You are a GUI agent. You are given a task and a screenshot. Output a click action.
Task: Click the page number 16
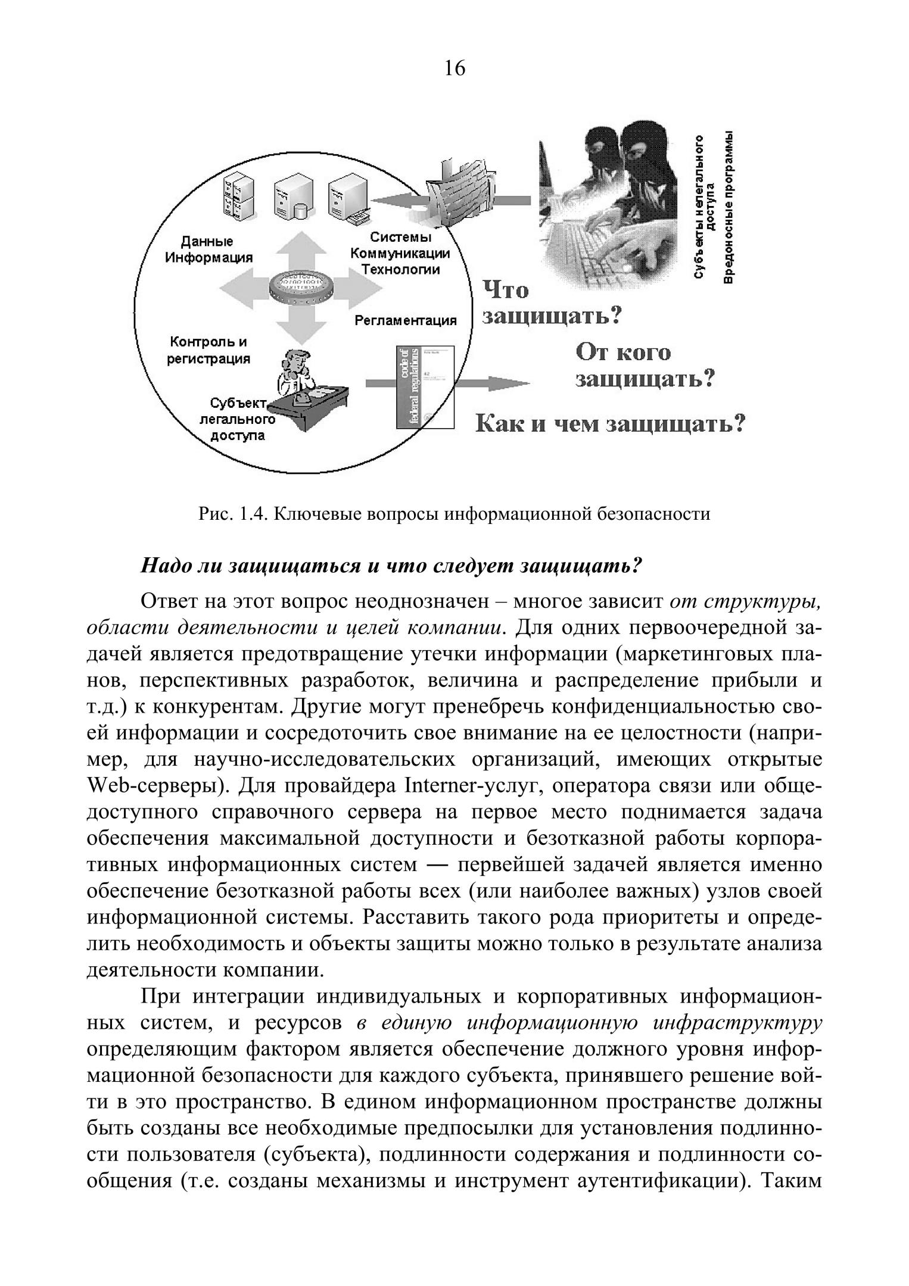click(454, 68)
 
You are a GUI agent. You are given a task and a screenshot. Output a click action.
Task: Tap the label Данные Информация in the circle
click(208, 249)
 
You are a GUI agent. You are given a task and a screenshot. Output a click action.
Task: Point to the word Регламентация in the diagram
click(406, 320)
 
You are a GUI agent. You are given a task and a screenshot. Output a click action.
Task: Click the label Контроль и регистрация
click(208, 350)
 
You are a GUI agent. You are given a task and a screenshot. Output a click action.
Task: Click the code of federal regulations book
click(425, 387)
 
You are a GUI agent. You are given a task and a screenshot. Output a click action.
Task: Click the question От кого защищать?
click(645, 366)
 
